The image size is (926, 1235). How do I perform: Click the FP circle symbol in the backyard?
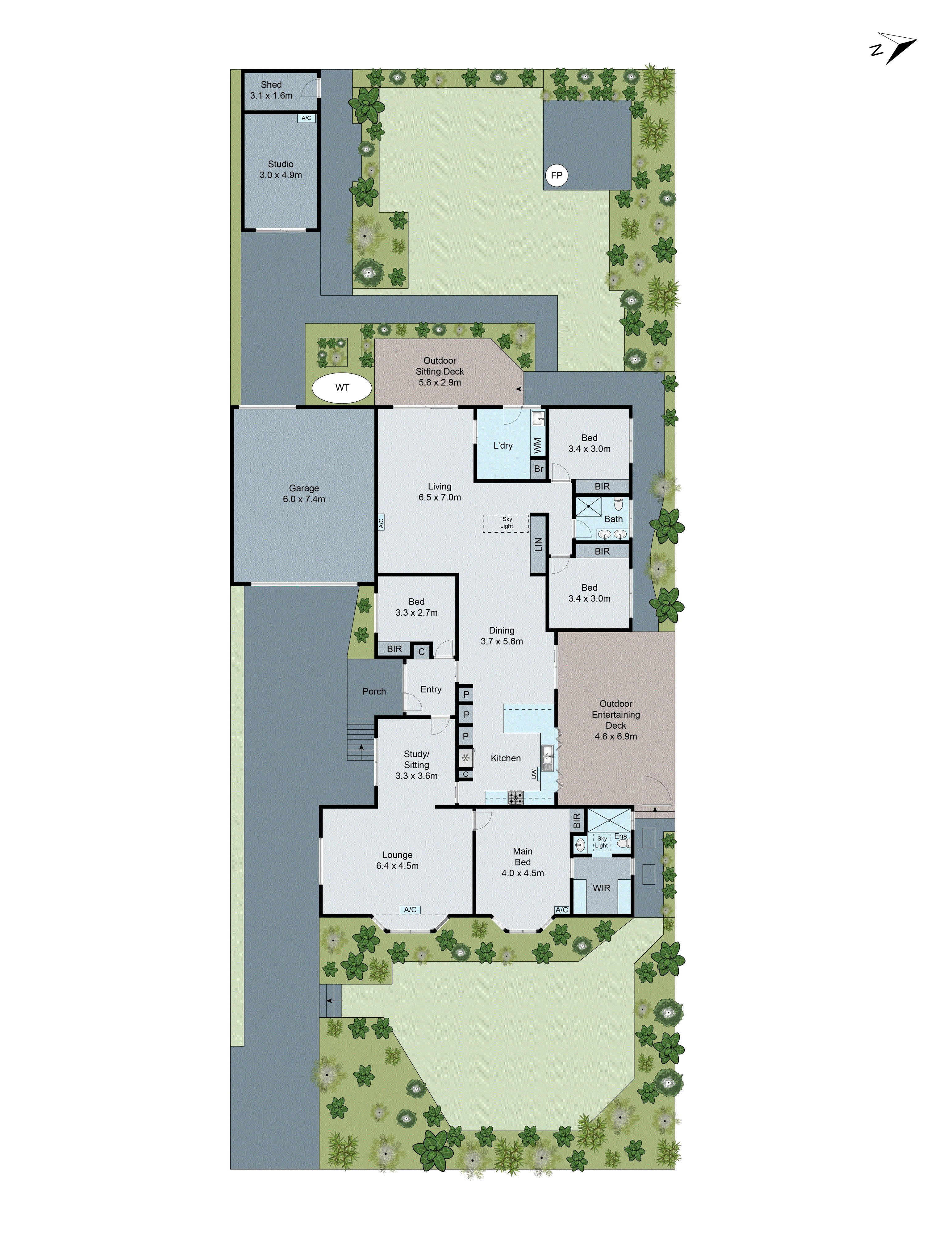pyautogui.click(x=556, y=175)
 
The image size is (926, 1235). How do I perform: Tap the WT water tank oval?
pyautogui.click(x=342, y=387)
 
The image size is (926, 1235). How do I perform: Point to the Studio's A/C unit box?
pyautogui.click(x=306, y=118)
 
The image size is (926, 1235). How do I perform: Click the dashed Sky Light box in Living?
pyautogui.click(x=506, y=523)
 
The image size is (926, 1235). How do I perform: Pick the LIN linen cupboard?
pyautogui.click(x=538, y=544)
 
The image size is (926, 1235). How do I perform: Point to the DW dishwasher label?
pyautogui.click(x=534, y=774)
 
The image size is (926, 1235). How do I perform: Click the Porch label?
pyautogui.click(x=374, y=691)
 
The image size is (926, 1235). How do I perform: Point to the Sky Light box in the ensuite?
pyautogui.click(x=601, y=842)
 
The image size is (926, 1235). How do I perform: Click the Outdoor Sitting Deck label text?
pyautogui.click(x=440, y=371)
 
